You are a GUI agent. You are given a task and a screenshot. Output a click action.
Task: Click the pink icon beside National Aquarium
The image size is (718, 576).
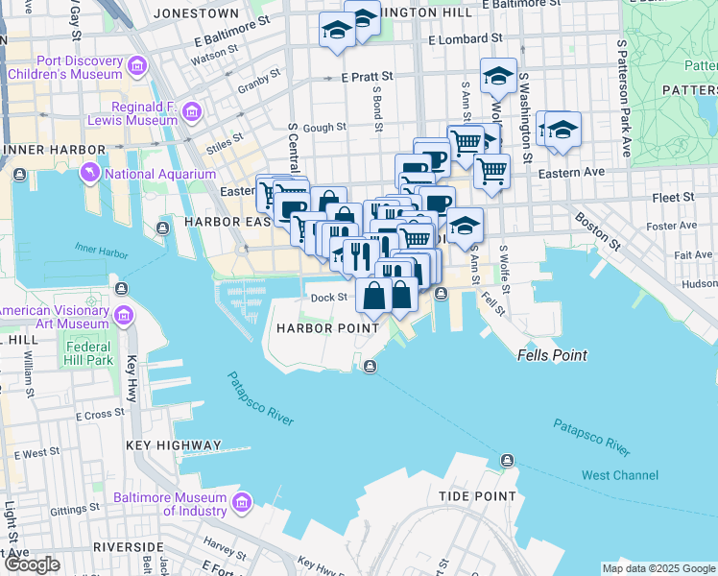pos(91,173)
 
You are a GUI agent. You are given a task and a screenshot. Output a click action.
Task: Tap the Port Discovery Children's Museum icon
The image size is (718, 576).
pos(137,65)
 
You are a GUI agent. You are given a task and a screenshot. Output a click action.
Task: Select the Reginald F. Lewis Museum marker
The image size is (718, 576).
pos(191,113)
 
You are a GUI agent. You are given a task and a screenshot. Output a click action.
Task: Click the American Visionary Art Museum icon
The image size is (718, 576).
pos(124,316)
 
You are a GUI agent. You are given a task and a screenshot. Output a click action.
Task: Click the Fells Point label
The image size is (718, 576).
pos(552,355)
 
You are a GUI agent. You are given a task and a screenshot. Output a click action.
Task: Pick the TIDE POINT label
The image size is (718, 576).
pos(478,496)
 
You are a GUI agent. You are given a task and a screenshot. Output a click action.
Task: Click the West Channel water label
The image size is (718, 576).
pos(620,475)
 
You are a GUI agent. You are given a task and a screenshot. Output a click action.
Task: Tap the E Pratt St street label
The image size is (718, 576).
pos(368,76)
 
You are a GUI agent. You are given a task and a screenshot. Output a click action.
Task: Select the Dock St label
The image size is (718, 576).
pos(328,298)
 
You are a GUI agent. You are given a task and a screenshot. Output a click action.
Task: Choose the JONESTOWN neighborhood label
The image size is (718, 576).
pos(196,13)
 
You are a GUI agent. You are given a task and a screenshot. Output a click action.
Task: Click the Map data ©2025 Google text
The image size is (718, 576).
pos(658,568)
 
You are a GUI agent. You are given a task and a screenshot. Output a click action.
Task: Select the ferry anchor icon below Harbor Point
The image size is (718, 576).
pos(371,364)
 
